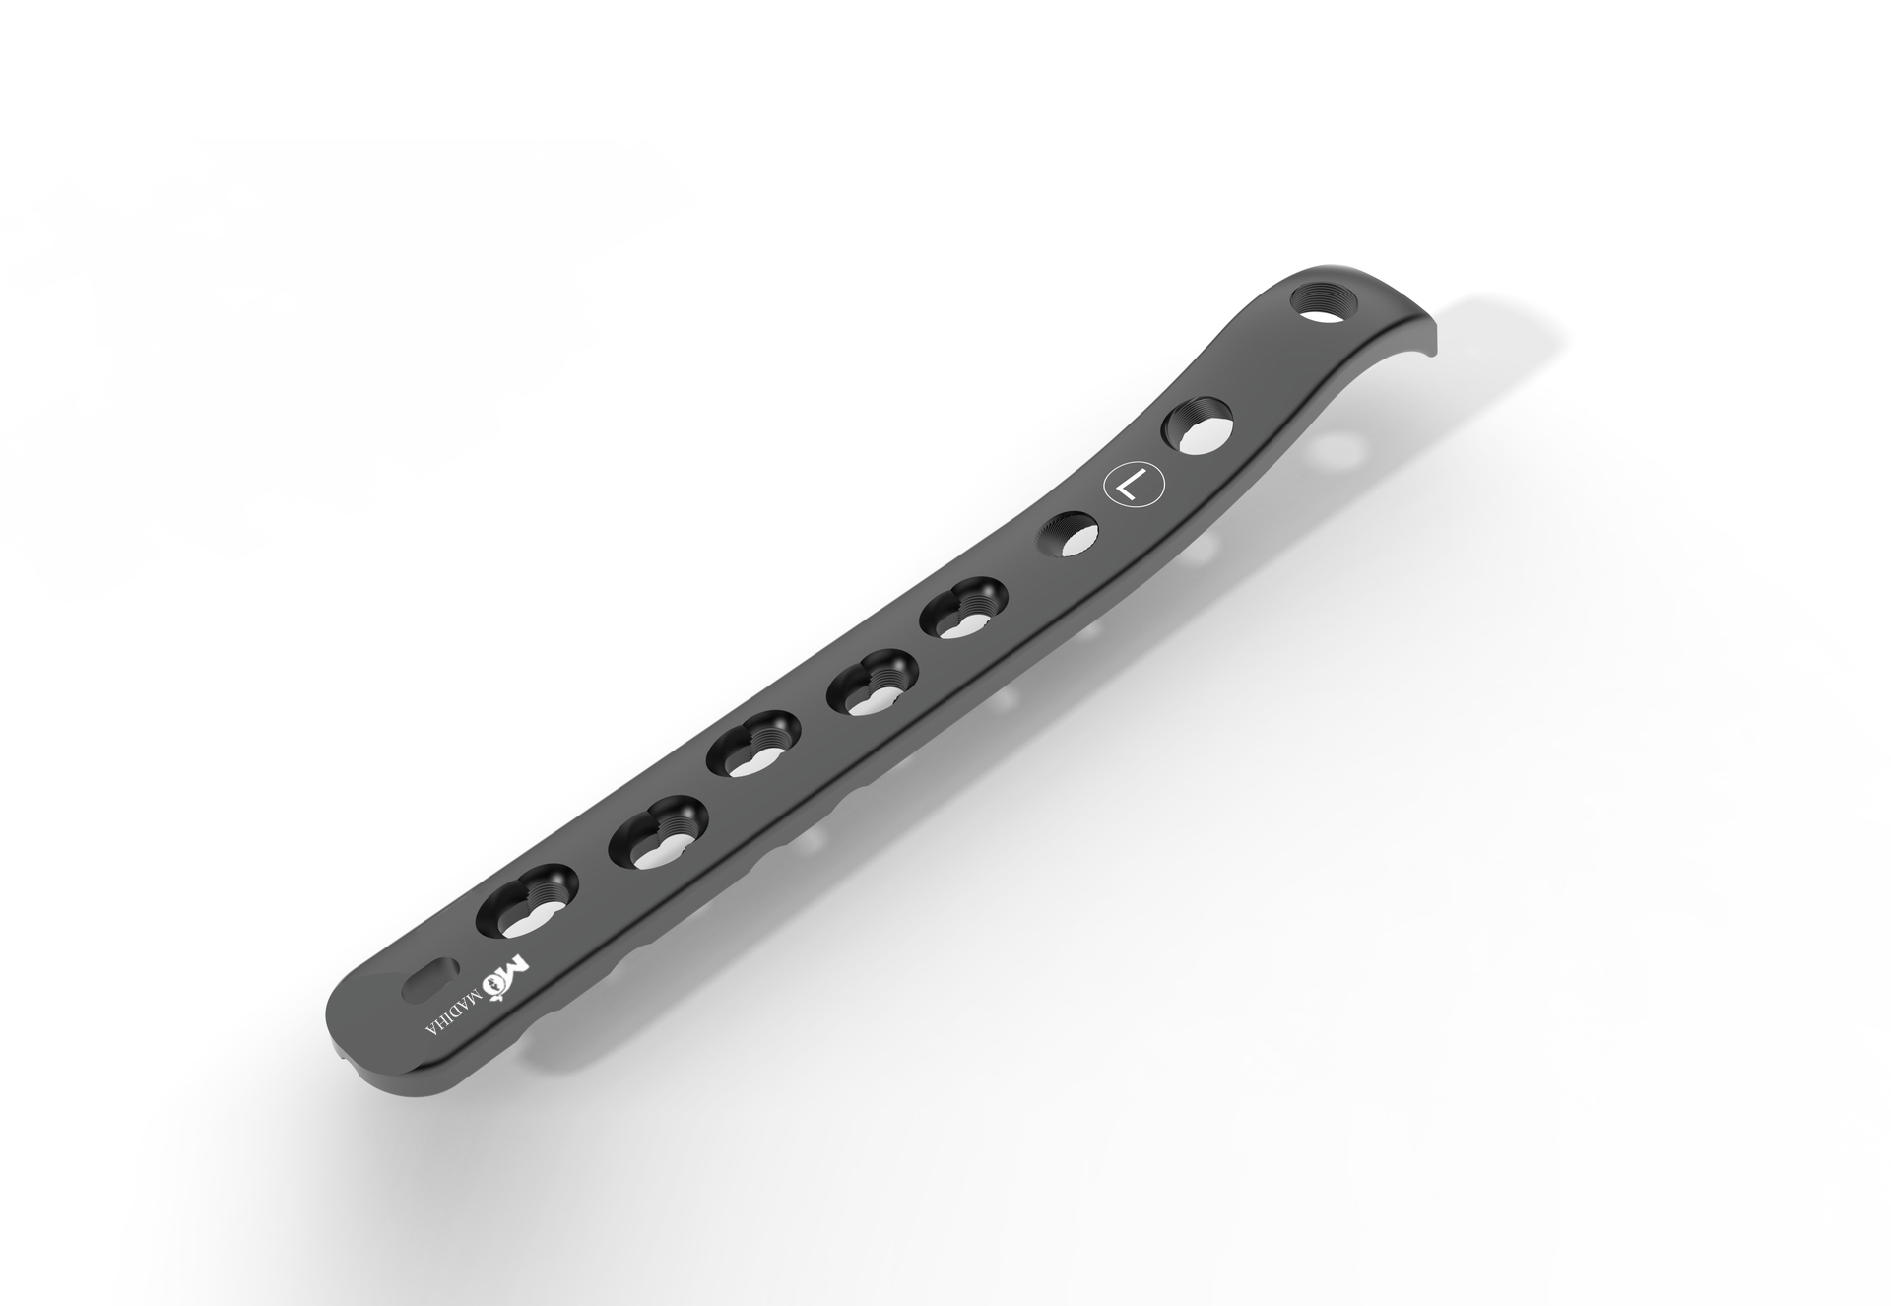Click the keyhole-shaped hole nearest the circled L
click(x=963, y=608)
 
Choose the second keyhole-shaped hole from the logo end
click(x=658, y=833)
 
